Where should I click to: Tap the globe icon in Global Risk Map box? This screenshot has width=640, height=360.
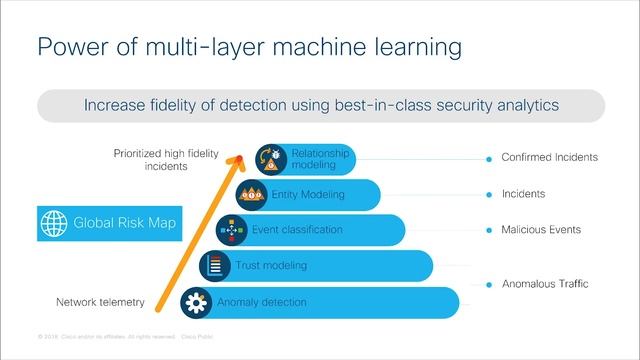tap(51, 223)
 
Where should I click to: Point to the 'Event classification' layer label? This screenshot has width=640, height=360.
tap(297, 230)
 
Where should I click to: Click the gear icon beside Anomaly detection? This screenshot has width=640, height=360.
tap(195, 302)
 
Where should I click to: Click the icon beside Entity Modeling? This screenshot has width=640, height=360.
tap(250, 194)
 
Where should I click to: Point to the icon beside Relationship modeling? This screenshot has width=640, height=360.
tap(271, 158)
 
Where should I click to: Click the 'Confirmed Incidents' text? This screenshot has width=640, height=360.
tap(549, 157)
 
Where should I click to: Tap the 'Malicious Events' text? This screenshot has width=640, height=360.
tap(541, 230)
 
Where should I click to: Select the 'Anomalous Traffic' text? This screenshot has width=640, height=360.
tap(545, 284)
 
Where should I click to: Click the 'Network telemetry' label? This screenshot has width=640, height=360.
tap(99, 302)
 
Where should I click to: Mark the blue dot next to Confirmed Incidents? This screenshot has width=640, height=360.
tap(488, 158)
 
